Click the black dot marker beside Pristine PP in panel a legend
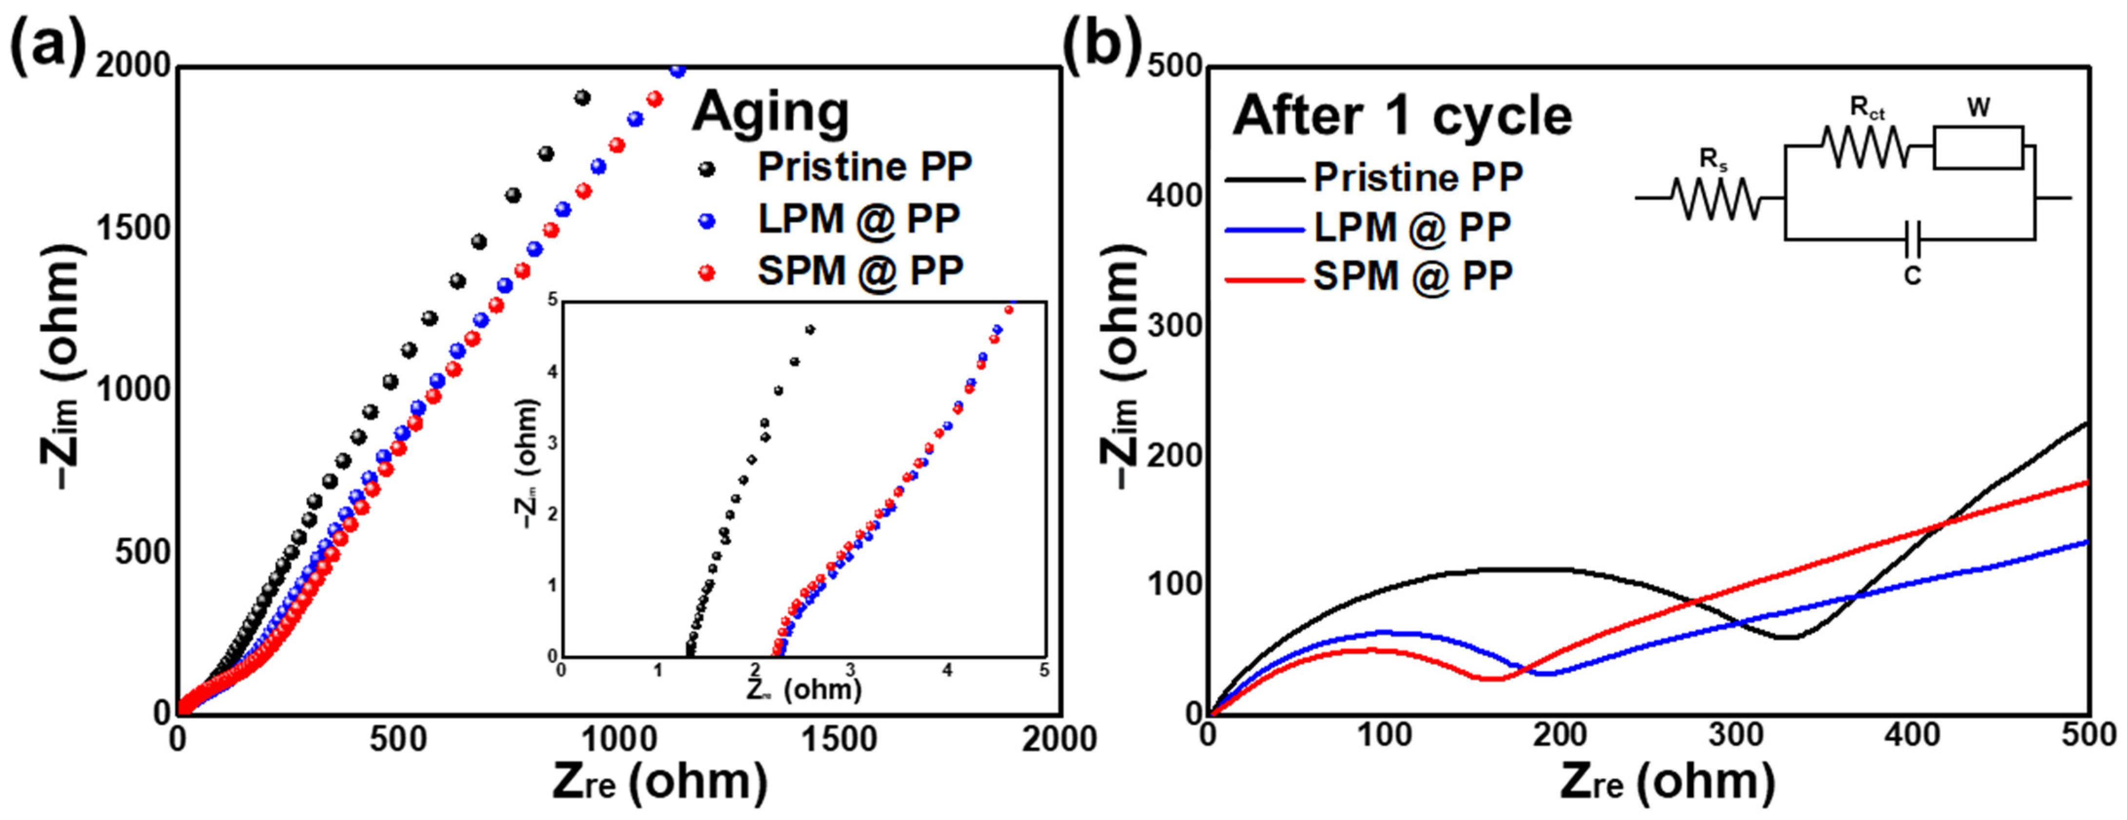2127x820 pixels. [x=707, y=169]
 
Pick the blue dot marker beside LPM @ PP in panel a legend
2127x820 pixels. [x=707, y=221]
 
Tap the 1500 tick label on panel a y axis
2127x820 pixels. [x=132, y=229]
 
